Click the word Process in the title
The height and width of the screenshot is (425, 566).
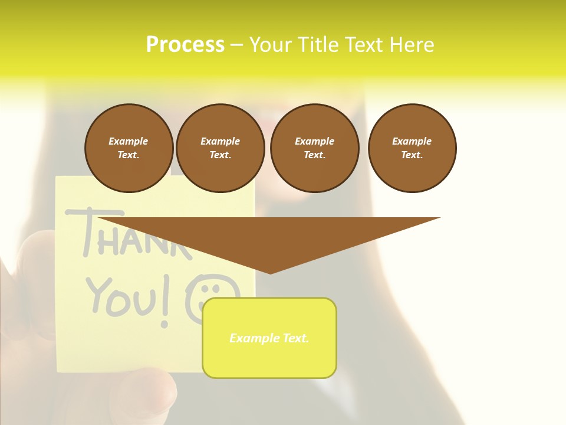click(185, 45)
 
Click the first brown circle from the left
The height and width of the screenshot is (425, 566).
click(129, 148)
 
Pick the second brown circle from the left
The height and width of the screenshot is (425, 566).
click(220, 148)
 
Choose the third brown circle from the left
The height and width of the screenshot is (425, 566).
click(314, 148)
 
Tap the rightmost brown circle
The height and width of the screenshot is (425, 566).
click(412, 148)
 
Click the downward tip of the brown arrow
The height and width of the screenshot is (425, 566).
click(270, 272)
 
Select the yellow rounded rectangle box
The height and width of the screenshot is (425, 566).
click(269, 338)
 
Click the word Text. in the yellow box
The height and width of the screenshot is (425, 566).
click(294, 338)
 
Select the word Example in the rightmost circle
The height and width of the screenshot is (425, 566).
click(412, 141)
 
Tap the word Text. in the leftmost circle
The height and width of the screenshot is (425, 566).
click(129, 155)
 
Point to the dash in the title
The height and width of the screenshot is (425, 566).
click(236, 45)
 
